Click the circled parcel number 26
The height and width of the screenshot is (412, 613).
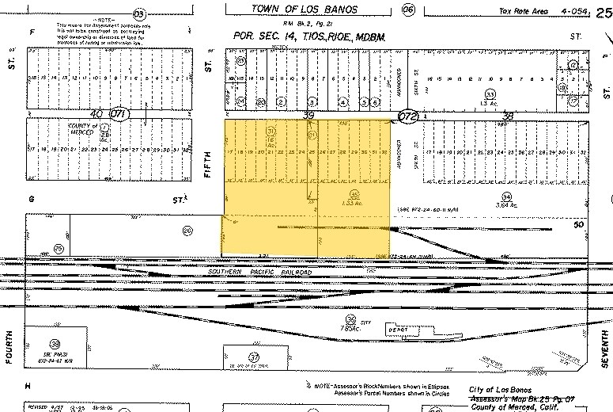(187, 231)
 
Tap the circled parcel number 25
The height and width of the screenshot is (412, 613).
(59, 248)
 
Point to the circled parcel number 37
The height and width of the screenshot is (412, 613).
(254, 357)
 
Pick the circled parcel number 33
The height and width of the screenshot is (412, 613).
(490, 94)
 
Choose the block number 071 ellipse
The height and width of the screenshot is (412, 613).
(119, 113)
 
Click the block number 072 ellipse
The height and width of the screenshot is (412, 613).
(407, 116)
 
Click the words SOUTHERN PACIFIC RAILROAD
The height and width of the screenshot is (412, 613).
(260, 272)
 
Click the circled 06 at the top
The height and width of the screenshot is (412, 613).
(408, 10)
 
